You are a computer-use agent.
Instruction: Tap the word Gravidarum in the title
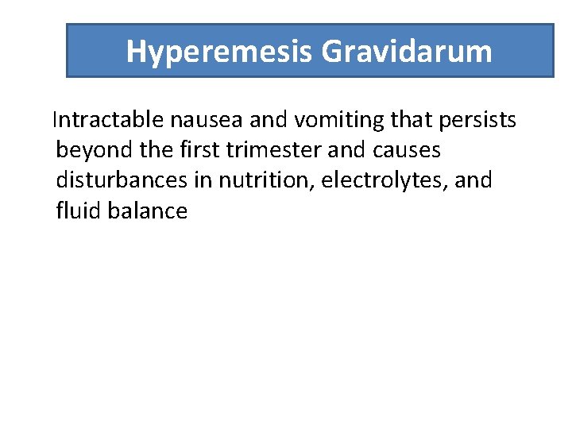coord(407,52)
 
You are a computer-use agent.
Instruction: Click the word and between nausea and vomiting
coord(271,120)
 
